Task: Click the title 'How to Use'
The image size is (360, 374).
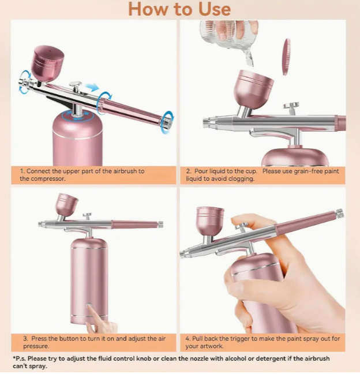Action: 179,9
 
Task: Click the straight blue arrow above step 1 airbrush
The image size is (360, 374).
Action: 92,87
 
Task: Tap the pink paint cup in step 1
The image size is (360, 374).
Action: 47,62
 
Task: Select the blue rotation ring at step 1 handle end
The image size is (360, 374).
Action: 167,122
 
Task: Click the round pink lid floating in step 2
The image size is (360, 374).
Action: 286,57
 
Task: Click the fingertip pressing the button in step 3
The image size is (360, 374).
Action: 92,309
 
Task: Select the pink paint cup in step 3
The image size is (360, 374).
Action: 66,205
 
